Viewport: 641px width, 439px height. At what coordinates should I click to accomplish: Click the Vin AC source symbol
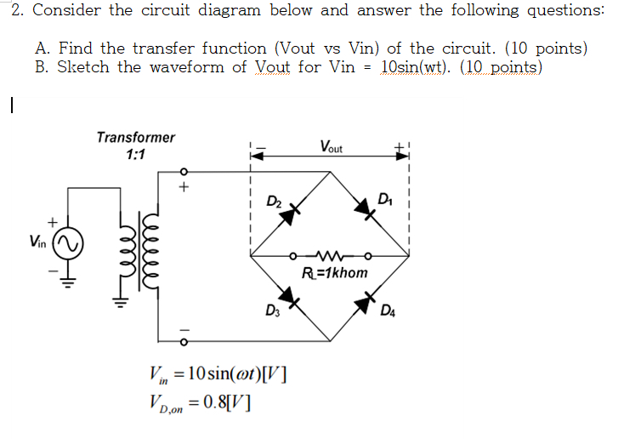click(x=68, y=244)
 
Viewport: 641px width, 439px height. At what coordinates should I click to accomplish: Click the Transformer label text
click(x=136, y=137)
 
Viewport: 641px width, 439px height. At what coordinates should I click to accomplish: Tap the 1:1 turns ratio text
click(x=135, y=155)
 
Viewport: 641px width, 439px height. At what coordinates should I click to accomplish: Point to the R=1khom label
click(x=335, y=273)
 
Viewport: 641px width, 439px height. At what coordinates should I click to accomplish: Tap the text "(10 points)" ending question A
click(x=542, y=48)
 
